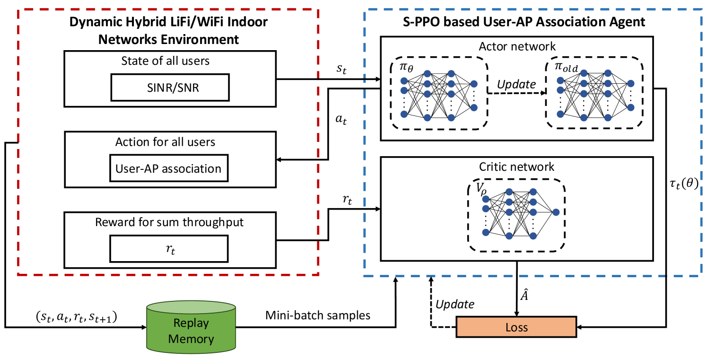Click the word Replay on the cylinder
pyautogui.click(x=191, y=324)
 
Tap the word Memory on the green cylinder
pyautogui.click(x=191, y=339)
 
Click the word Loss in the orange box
pyautogui.click(x=516, y=327)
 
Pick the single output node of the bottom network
pyautogui.click(x=556, y=212)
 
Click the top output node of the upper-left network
pyautogui.click(x=474, y=84)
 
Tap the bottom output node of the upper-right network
pyautogui.click(x=630, y=107)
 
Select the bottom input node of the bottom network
pyautogui.click(x=486, y=232)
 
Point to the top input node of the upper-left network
pyautogui.click(x=404, y=81)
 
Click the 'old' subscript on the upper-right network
pyautogui.click(x=570, y=70)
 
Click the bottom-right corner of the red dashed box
pyautogui.click(x=318, y=274)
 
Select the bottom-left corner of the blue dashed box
pyautogui.click(x=365, y=275)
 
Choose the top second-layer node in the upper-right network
pyautogui.click(x=584, y=73)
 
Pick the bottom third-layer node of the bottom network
pyautogui.click(x=533, y=236)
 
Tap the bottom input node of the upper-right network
pyautogui.click(x=560, y=114)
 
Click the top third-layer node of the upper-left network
pyautogui.click(x=451, y=74)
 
